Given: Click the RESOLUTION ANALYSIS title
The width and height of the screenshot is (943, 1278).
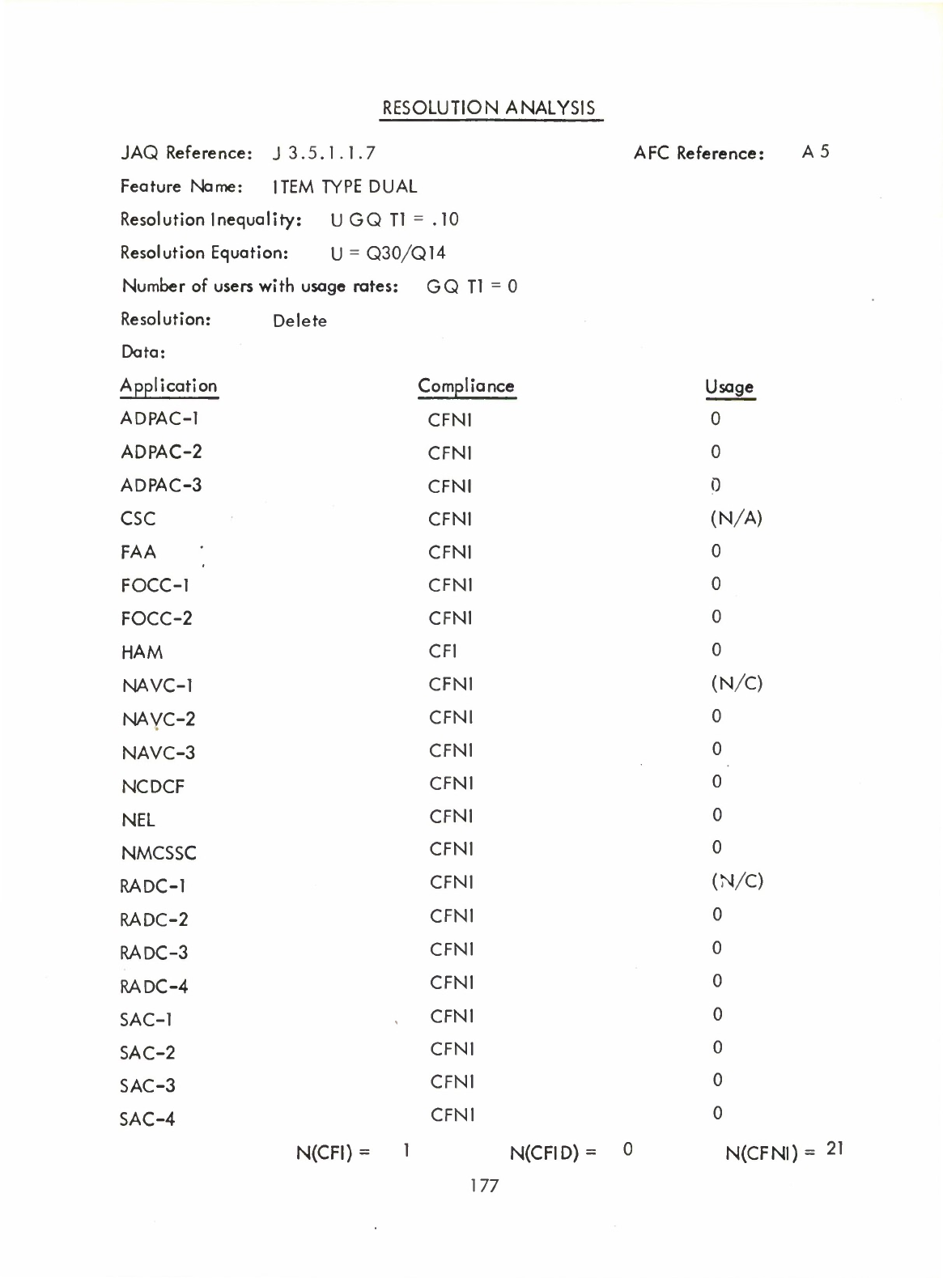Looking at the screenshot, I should tap(489, 108).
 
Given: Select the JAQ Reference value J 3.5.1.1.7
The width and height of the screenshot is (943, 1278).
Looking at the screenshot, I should tap(325, 153).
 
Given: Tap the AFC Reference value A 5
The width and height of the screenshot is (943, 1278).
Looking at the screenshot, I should tap(815, 152).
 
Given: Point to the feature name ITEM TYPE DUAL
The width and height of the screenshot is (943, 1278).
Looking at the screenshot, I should tap(345, 187).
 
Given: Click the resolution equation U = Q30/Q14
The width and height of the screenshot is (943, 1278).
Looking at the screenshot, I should tap(389, 253).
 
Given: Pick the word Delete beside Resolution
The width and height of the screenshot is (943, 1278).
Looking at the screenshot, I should tap(299, 321).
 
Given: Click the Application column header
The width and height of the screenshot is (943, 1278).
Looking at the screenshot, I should tap(168, 386).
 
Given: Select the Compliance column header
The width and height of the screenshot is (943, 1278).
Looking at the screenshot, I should tap(465, 386).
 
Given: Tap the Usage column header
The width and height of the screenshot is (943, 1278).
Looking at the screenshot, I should tap(729, 388).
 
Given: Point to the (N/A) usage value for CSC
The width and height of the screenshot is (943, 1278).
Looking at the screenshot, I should tap(736, 518).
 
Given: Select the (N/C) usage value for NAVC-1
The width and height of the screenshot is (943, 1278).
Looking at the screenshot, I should tap(737, 684).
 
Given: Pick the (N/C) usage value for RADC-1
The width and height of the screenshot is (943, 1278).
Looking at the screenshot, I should tap(737, 881).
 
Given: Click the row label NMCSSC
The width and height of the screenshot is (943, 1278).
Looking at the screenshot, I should tap(159, 853).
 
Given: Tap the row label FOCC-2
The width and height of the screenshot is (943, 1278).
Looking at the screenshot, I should tap(156, 619).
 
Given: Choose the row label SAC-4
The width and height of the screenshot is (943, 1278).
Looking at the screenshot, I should tap(147, 1119).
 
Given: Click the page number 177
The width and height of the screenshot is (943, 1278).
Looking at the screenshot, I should tap(484, 1186).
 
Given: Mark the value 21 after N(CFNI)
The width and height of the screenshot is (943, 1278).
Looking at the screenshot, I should tap(835, 1149).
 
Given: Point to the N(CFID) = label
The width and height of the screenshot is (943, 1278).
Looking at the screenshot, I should tap(553, 1152).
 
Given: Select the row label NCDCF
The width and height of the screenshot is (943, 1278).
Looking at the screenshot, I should tap(153, 787).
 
